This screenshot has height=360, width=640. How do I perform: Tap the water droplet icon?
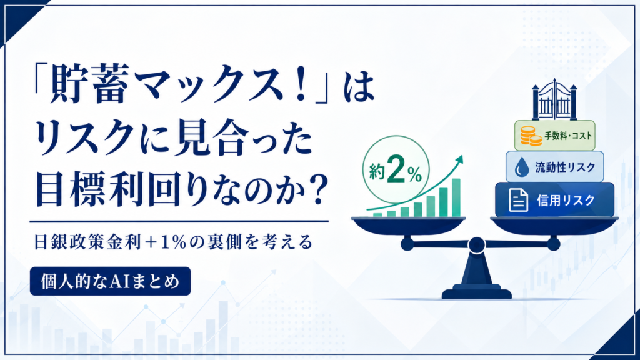click(x=521, y=167)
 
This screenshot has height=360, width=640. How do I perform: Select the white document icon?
click(x=518, y=200)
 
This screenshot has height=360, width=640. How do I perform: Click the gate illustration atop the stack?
click(x=554, y=99)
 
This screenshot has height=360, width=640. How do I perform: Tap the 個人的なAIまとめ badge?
click(x=110, y=281)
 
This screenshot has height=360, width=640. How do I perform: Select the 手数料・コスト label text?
click(x=568, y=136)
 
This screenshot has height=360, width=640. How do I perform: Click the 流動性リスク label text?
click(x=565, y=167)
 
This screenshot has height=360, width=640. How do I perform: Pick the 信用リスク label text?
click(x=566, y=201)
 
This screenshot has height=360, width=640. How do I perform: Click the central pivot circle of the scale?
click(x=476, y=245)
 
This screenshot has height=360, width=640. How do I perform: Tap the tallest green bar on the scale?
click(x=456, y=197)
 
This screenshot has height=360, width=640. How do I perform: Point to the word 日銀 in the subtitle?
click(x=49, y=242)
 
